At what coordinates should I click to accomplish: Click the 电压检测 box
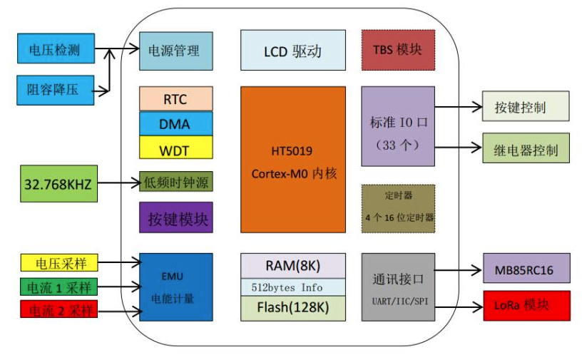click(55, 50)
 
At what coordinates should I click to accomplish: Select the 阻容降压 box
click(55, 89)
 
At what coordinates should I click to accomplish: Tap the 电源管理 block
click(175, 51)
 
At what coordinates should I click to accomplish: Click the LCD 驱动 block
click(292, 51)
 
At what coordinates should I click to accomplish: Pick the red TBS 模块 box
click(397, 50)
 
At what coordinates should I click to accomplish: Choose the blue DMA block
click(175, 124)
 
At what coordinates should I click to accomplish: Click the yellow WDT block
click(175, 148)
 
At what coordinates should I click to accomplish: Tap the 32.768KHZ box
click(58, 183)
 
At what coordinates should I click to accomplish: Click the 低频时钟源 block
click(175, 182)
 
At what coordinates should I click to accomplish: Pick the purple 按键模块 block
click(175, 218)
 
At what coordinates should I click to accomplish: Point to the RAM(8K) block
click(292, 266)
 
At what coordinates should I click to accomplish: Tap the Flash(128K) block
click(292, 309)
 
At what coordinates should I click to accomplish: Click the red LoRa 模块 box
click(526, 305)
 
